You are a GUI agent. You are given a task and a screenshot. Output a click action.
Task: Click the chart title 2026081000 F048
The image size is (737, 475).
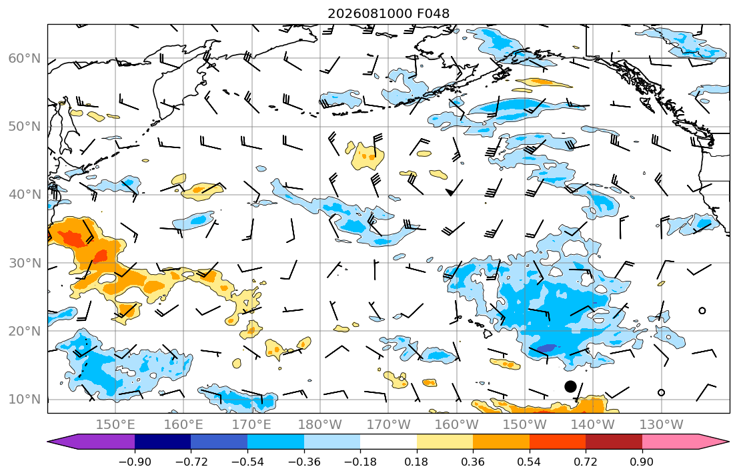coord(388,13)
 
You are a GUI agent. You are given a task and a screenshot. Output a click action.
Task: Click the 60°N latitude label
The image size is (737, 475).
coord(25,58)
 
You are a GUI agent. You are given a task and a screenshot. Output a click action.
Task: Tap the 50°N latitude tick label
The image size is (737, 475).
coord(25,127)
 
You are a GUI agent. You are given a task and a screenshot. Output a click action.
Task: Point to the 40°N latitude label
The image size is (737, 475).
coord(25,194)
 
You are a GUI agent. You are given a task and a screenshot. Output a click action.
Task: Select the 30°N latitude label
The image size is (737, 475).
coord(25,263)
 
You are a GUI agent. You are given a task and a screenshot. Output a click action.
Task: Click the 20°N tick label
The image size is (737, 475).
coord(25,331)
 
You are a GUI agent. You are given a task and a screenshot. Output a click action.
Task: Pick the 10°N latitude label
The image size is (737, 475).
coord(25,400)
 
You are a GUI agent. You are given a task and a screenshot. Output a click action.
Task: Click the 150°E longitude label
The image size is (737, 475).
coord(115,425)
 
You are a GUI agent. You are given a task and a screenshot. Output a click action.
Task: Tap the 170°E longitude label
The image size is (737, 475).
coord(252,425)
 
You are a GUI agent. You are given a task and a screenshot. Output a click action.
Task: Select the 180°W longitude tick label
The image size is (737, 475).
coord(320,425)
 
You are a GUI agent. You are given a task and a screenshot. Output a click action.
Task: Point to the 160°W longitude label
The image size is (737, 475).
coord(457,425)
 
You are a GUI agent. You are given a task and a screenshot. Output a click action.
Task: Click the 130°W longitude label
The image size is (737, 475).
coord(662,425)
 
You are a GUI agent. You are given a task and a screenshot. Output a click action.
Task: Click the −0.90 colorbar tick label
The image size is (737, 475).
coord(135,462)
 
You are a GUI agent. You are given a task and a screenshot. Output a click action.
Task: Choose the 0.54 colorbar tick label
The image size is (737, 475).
coord(530,462)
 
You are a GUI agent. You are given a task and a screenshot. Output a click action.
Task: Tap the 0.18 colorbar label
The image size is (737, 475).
coord(416,462)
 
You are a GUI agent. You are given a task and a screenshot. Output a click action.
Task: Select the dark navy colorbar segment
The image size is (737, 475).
coord(163,442)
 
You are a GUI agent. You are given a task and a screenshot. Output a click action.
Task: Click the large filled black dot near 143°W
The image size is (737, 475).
coord(570,386)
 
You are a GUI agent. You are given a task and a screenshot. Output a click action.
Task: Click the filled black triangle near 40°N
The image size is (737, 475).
coord(450,192)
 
